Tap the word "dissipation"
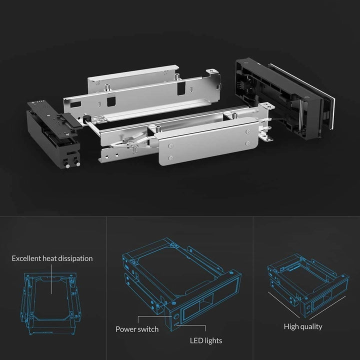click(75, 258)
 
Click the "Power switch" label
click(137, 329)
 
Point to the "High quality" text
click(303, 326)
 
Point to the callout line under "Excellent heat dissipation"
click(52, 280)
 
